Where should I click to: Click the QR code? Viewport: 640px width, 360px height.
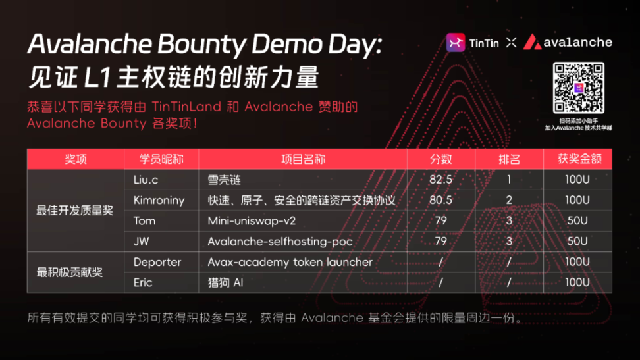click(x=578, y=88)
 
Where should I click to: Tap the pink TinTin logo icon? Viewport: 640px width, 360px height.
click(x=456, y=42)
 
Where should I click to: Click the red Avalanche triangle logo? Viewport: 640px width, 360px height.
click(x=532, y=41)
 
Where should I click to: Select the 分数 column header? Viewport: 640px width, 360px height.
click(x=440, y=159)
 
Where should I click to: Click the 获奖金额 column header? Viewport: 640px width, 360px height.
click(x=579, y=159)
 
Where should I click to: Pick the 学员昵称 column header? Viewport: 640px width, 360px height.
click(x=161, y=159)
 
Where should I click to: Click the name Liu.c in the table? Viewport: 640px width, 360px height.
click(x=146, y=180)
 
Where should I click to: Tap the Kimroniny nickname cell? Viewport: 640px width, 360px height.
click(x=159, y=201)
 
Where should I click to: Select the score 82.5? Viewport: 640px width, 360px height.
click(x=440, y=180)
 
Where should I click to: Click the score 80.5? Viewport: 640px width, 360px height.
click(x=440, y=200)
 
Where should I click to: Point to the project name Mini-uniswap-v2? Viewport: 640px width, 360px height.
click(x=252, y=221)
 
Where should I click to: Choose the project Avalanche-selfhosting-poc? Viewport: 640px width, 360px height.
click(x=280, y=242)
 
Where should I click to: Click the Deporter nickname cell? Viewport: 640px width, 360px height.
click(x=157, y=262)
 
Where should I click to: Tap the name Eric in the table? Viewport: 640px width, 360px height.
click(x=143, y=282)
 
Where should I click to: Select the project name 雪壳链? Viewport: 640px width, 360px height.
click(x=224, y=180)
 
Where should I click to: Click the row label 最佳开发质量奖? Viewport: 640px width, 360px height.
click(x=74, y=211)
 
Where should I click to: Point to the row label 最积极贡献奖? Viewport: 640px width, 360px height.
click(x=69, y=272)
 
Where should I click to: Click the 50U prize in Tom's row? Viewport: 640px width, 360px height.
click(x=577, y=221)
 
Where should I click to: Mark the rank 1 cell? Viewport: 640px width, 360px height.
click(x=509, y=180)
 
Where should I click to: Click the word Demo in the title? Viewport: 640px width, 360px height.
click(x=286, y=44)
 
